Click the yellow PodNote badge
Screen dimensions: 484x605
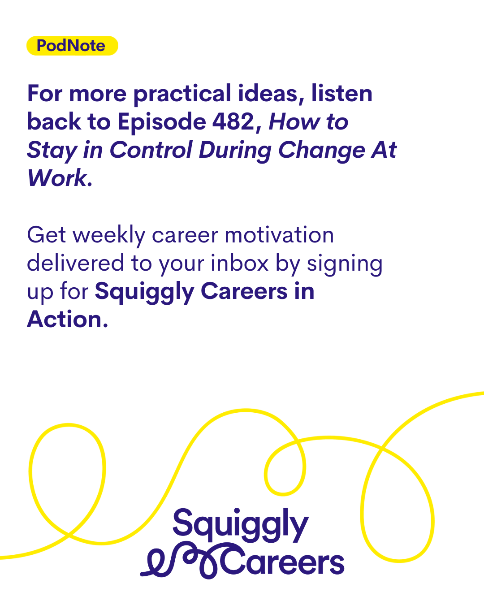tap(72, 46)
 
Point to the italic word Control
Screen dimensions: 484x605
tap(151, 150)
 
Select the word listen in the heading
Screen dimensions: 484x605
tap(341, 93)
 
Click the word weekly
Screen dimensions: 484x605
tap(109, 236)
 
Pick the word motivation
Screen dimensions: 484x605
tap(279, 235)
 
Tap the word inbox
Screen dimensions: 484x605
tap(239, 263)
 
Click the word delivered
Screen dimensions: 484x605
tap(75, 263)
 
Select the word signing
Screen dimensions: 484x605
tap(345, 265)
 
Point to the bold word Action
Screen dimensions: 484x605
tap(68, 320)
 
